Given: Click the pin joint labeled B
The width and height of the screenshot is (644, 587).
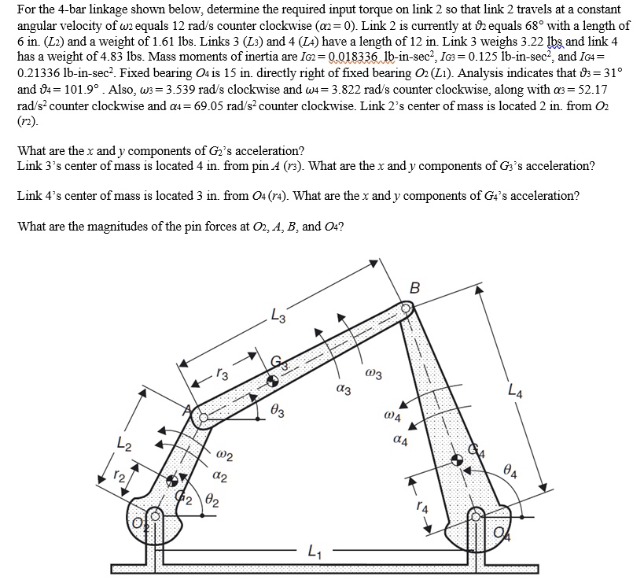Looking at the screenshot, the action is (x=407, y=309).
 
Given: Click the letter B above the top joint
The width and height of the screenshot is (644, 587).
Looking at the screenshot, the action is (x=415, y=287).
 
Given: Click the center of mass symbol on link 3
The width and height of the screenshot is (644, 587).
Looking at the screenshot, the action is (x=271, y=382).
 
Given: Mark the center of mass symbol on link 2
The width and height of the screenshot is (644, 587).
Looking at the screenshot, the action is (x=174, y=479).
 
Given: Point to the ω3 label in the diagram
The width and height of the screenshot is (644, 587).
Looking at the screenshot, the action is (x=374, y=374).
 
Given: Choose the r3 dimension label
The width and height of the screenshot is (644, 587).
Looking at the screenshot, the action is (x=223, y=375).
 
